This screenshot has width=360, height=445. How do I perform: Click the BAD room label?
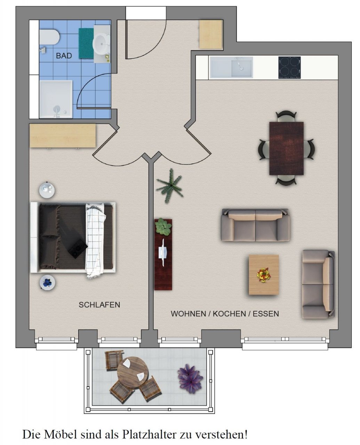click(64, 56)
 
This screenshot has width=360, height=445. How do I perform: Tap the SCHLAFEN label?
click(99, 305)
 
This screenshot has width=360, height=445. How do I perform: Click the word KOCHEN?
click(229, 314)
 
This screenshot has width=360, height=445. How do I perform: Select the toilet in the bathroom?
click(49, 37)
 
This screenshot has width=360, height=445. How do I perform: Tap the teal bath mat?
click(86, 43)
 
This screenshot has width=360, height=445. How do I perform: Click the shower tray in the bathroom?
click(56, 99)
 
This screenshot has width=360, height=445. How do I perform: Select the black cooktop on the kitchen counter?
click(290, 67)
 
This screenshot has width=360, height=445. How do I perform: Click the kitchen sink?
click(231, 67)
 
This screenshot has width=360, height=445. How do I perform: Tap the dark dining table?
click(286, 148)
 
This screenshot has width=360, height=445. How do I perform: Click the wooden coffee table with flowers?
click(264, 275)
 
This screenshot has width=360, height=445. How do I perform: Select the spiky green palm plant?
click(169, 186)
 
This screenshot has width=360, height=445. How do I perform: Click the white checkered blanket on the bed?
click(95, 241)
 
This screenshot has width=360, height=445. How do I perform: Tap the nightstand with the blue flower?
click(47, 282)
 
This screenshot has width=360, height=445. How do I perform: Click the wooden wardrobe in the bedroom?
click(63, 136)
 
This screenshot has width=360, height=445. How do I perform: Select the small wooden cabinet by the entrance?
click(210, 34)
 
